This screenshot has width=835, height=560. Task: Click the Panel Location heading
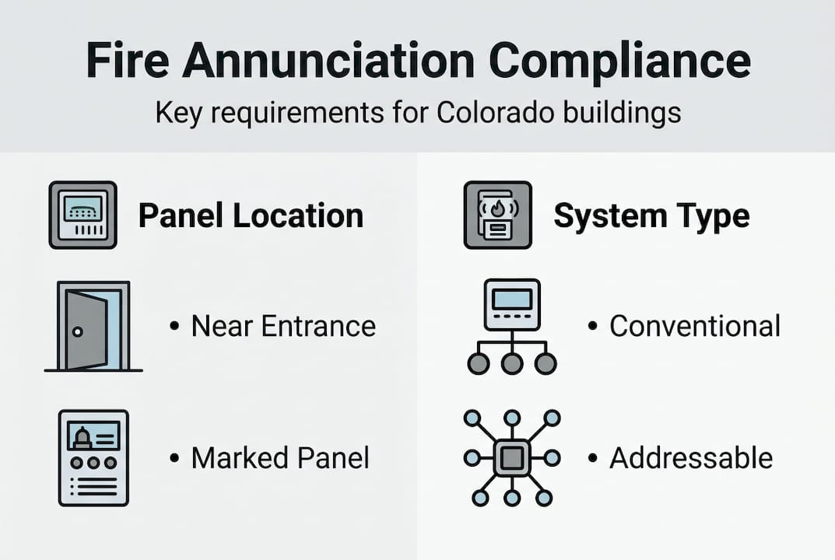click(251, 215)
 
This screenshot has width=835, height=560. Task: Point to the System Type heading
click(651, 215)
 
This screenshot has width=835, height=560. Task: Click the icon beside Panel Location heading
click(82, 215)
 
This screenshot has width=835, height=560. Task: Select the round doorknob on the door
click(76, 331)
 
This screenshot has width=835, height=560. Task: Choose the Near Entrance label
click(283, 326)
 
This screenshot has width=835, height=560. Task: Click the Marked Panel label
click(280, 457)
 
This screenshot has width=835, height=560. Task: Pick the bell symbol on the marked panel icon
click(82, 438)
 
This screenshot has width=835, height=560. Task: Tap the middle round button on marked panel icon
click(93, 463)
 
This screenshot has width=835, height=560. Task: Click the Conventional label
click(694, 326)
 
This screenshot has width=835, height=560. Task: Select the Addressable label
click(691, 457)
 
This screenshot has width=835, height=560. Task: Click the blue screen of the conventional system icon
click(511, 299)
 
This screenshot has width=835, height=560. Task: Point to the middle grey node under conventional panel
click(511, 363)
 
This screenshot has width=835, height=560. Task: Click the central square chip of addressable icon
click(511, 457)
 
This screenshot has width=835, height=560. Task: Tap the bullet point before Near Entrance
click(174, 326)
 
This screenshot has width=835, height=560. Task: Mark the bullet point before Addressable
click(592, 457)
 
